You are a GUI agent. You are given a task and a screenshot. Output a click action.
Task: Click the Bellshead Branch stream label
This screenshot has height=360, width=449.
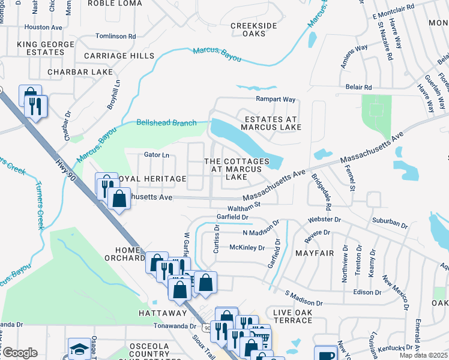pos(166,123)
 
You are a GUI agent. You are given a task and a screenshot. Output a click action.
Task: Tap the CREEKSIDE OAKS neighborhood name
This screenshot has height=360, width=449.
pos(253,29)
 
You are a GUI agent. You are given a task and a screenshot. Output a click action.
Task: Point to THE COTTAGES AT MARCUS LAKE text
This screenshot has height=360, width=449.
pos(237,169)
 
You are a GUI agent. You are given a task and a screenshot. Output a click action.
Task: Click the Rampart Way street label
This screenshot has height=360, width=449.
pos(276,99)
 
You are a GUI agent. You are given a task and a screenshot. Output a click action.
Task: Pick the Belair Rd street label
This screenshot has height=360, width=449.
pos(358,87)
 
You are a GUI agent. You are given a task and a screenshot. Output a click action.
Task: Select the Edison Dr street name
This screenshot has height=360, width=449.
pos(368,292)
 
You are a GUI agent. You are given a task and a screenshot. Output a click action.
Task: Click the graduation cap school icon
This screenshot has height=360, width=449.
pos(79,349)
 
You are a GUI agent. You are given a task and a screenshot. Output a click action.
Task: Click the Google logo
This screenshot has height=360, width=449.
pos(20,353)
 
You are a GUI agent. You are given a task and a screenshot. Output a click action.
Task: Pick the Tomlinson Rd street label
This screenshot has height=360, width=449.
pos(116,36)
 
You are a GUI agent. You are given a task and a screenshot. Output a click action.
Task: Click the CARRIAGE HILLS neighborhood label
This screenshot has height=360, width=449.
pos(119,56)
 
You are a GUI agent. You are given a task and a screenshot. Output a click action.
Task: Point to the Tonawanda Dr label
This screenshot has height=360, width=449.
pos(175,326)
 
